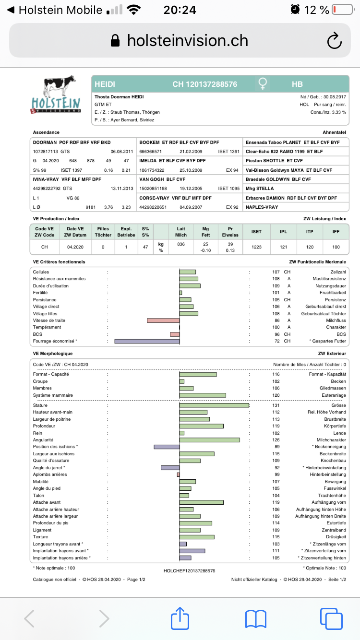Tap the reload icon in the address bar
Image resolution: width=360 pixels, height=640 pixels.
[334, 41]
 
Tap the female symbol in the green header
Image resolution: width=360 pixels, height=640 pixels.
[263, 84]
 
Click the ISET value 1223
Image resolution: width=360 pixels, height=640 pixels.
[256, 247]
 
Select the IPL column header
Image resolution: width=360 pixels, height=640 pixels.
[283, 231]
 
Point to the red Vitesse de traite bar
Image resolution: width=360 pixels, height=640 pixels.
[163, 320]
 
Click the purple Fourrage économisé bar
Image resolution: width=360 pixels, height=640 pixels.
[147, 341]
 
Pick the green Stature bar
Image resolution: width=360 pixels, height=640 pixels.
[214, 405]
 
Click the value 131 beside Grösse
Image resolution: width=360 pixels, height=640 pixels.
[276, 405]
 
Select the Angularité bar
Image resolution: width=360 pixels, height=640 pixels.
[209, 440]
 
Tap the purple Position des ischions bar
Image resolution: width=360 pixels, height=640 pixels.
[167, 447]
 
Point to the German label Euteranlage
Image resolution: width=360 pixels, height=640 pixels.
[334, 395]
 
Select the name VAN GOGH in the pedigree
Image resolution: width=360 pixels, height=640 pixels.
[152, 179]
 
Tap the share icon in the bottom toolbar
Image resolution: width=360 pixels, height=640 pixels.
[180, 618]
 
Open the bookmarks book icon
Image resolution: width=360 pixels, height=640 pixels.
[255, 618]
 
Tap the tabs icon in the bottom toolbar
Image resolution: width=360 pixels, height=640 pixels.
[330, 618]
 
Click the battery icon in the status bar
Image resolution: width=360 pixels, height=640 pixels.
[342, 10]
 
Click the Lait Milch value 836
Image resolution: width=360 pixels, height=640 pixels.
[181, 244]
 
